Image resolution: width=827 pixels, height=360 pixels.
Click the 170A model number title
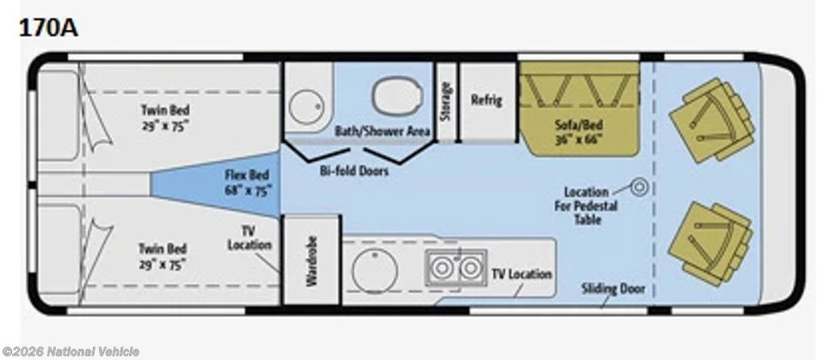48,27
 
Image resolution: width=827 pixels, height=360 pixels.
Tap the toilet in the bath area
397,96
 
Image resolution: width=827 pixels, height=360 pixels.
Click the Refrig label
486,99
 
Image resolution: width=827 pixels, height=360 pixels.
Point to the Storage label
446,101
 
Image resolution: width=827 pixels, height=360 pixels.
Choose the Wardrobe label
312,261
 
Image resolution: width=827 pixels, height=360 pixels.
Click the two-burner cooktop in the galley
456,268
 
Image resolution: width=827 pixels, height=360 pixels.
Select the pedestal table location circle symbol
640,187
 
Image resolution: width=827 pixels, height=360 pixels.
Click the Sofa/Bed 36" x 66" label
578,132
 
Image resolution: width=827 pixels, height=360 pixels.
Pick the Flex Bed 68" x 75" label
247,183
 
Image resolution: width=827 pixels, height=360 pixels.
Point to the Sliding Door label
613,289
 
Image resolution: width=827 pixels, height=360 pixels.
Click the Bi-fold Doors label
354,171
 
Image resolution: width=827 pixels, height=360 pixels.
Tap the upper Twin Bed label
165,118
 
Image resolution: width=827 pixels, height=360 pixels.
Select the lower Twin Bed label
162,256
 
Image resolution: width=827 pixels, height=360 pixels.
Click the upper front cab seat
712,121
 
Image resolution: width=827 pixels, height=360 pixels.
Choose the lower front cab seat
711,244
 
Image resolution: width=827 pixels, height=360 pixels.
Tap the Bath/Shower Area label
383,132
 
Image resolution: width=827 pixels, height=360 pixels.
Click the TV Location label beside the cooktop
522,274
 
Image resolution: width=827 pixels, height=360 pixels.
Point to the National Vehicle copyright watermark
71,352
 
